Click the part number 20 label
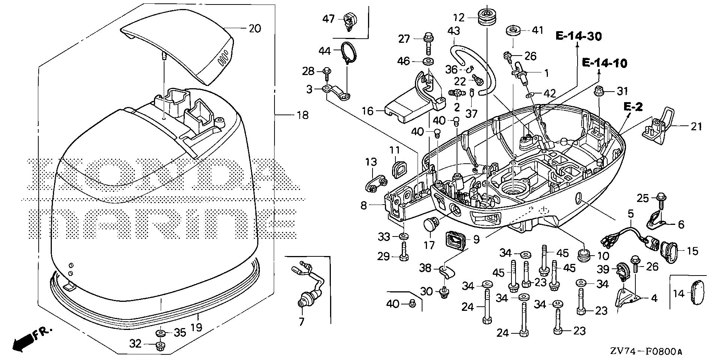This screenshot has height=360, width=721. click(x=255, y=29)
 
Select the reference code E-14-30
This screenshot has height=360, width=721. click(x=579, y=36)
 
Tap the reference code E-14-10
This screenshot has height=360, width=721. click(x=604, y=63)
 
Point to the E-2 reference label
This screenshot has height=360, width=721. click(x=634, y=107)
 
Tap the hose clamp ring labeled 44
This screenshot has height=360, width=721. click(x=348, y=51)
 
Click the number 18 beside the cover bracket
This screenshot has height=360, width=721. click(x=302, y=115)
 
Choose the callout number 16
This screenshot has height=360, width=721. click(x=368, y=111)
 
